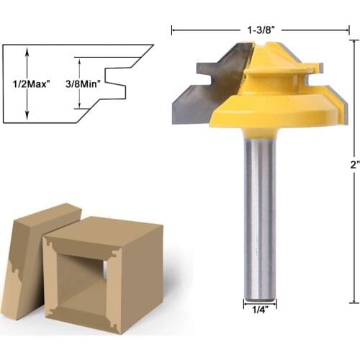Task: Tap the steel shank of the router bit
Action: [259, 216]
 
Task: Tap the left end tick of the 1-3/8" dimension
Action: [173, 30]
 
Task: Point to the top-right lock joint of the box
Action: [114, 252]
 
